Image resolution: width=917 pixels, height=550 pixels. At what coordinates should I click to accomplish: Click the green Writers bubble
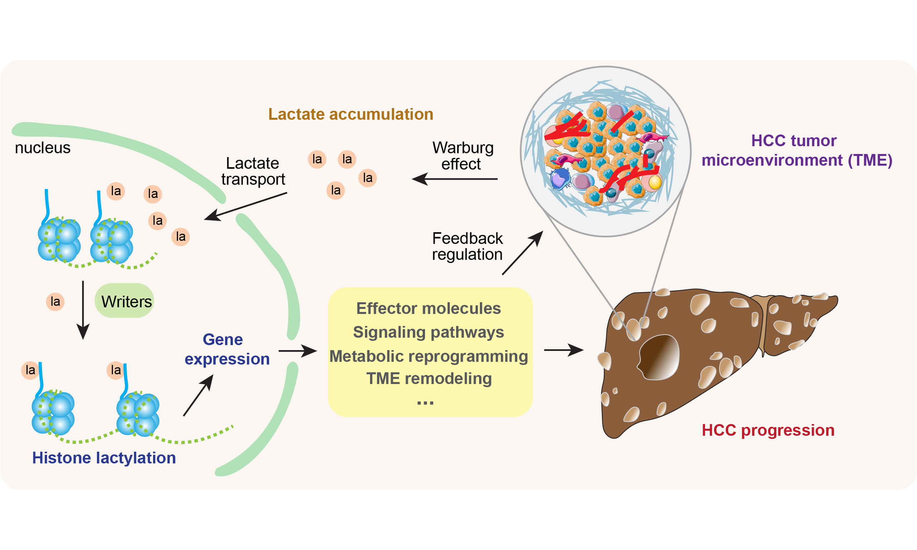(x=124, y=300)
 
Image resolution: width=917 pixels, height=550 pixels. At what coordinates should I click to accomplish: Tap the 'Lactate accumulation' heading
(x=351, y=114)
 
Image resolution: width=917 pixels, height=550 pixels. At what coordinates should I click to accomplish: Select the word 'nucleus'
(x=43, y=148)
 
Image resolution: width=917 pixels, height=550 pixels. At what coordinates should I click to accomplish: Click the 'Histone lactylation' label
(x=104, y=458)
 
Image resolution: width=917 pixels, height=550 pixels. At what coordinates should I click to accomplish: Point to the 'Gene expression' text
(x=226, y=349)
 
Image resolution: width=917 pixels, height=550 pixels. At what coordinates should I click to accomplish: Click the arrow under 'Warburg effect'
(x=455, y=179)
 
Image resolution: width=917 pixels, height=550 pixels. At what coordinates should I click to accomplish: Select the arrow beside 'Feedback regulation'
(x=522, y=253)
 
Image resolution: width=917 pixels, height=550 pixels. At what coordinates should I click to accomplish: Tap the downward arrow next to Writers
(x=83, y=309)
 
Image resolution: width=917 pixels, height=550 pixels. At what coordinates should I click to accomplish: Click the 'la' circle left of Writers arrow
(x=55, y=301)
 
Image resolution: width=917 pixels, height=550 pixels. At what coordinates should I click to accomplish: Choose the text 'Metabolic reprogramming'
(x=428, y=356)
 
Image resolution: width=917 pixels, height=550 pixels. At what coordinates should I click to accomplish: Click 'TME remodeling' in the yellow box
(x=429, y=379)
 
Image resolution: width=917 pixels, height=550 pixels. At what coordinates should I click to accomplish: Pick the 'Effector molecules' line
(x=428, y=308)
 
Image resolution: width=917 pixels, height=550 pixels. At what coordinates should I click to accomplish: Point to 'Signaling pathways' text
(x=428, y=332)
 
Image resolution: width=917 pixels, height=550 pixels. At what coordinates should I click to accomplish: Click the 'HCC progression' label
(x=768, y=430)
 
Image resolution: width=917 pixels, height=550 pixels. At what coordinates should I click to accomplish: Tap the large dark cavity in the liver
(x=659, y=357)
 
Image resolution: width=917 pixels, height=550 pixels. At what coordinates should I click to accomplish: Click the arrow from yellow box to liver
(x=563, y=349)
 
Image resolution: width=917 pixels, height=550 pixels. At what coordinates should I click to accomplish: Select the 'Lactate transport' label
(x=253, y=171)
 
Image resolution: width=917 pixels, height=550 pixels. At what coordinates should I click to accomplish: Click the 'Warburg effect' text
(x=462, y=156)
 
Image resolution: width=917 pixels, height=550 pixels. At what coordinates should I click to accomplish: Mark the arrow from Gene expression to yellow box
(x=297, y=351)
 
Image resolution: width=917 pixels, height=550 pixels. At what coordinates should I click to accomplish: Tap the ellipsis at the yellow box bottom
(x=425, y=403)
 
